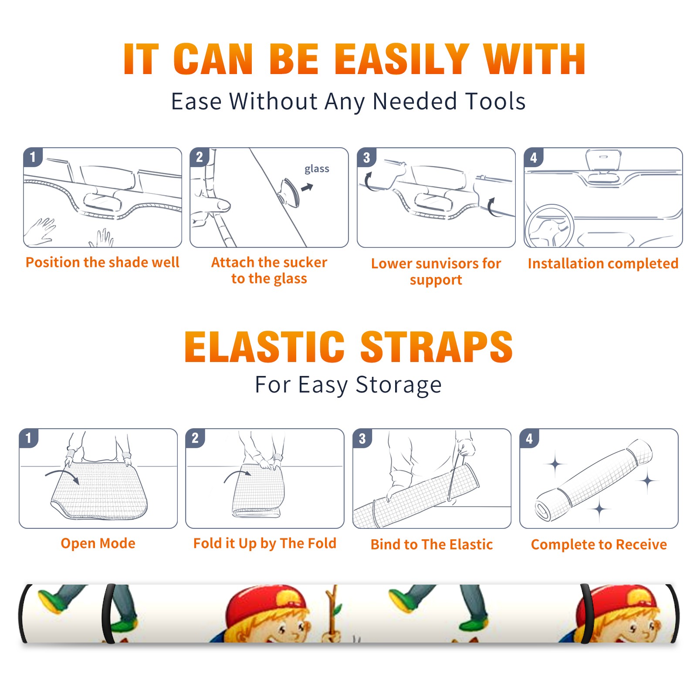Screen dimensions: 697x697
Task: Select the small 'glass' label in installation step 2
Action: (317, 169)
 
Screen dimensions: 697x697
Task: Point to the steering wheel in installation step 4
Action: (549, 226)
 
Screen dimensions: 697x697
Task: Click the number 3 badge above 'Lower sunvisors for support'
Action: (366, 157)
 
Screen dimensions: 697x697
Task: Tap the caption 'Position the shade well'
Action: (102, 262)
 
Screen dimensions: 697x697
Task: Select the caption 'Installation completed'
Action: (603, 263)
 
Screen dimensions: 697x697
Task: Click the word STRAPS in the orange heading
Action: (436, 347)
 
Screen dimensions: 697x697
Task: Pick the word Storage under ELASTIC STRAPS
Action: (399, 385)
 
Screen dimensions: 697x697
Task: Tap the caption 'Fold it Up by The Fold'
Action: (265, 543)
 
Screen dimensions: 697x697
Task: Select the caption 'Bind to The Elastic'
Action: (432, 545)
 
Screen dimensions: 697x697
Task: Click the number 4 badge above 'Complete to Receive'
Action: (529, 438)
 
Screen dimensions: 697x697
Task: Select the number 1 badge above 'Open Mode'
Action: (28, 438)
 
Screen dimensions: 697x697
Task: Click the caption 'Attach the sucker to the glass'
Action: (269, 270)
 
